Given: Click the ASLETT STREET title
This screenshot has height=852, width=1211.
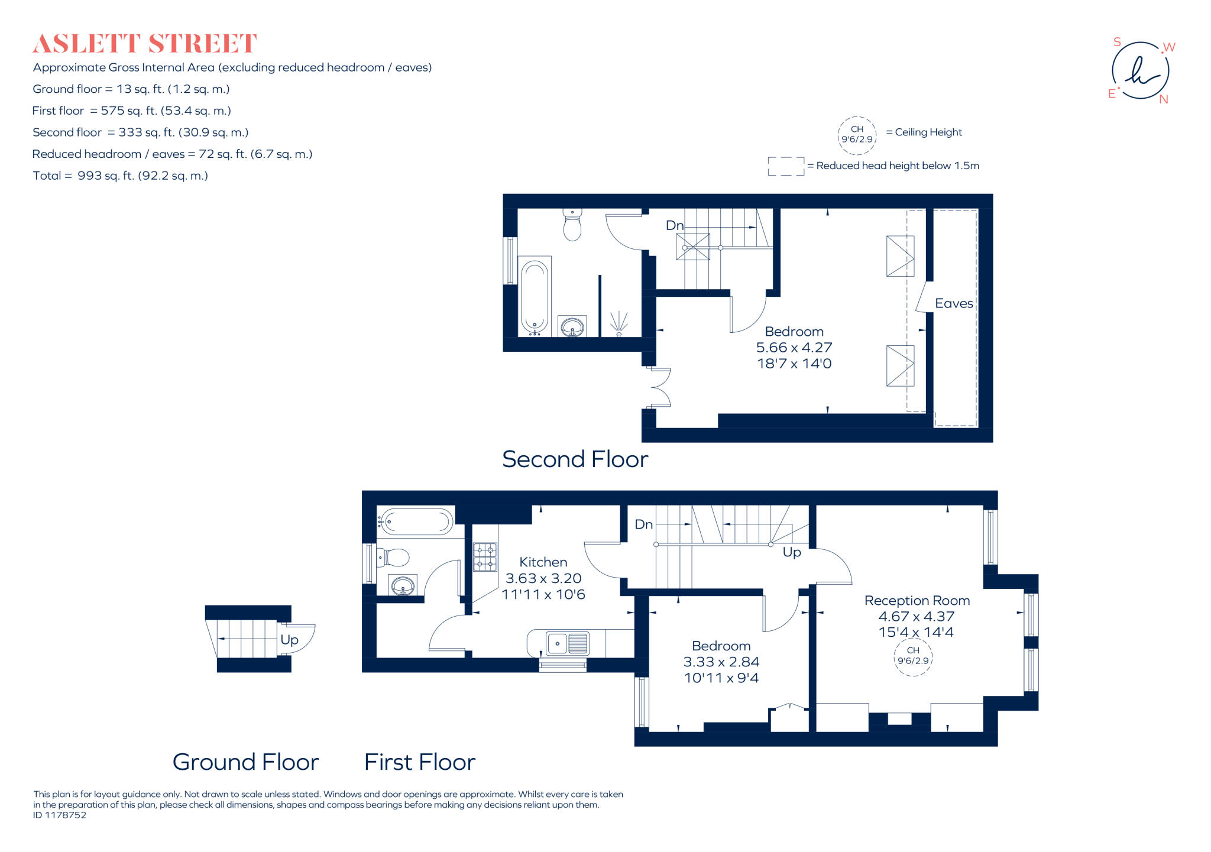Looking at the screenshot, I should coord(144,44).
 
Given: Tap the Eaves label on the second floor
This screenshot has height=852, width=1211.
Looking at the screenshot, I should coord(953,303).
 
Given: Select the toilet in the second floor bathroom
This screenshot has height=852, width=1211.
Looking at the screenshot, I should coord(572,225).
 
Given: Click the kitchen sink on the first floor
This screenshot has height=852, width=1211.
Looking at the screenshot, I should coord(567,643).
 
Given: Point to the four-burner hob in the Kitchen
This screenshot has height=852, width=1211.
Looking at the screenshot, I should coord(485,557).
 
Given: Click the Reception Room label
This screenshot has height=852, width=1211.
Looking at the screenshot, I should coord(917,600).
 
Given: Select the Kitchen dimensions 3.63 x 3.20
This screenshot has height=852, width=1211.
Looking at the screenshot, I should coord(543,578).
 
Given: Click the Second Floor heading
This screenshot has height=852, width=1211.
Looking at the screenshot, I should coord(575,459).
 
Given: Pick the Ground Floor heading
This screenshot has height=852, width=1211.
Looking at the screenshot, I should coord(245,762).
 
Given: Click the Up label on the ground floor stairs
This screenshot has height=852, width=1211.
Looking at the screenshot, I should coord(289,640).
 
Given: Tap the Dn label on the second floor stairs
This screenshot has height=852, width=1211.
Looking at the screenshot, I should coord(674,225).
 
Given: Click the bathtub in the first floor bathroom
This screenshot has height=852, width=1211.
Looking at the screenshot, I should coord(416,521).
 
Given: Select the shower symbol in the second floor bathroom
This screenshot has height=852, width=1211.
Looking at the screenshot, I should coord(619,323).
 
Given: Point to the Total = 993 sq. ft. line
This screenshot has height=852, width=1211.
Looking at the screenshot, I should coord(120,176).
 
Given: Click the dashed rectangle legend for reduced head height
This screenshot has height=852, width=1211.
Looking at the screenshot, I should coord(785,166).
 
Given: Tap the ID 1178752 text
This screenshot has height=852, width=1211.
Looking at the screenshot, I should coord(60,815).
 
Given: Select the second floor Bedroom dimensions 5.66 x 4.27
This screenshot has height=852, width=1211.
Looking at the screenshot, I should coord(794,348).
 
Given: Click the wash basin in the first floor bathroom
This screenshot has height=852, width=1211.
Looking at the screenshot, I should coord(403,586).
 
